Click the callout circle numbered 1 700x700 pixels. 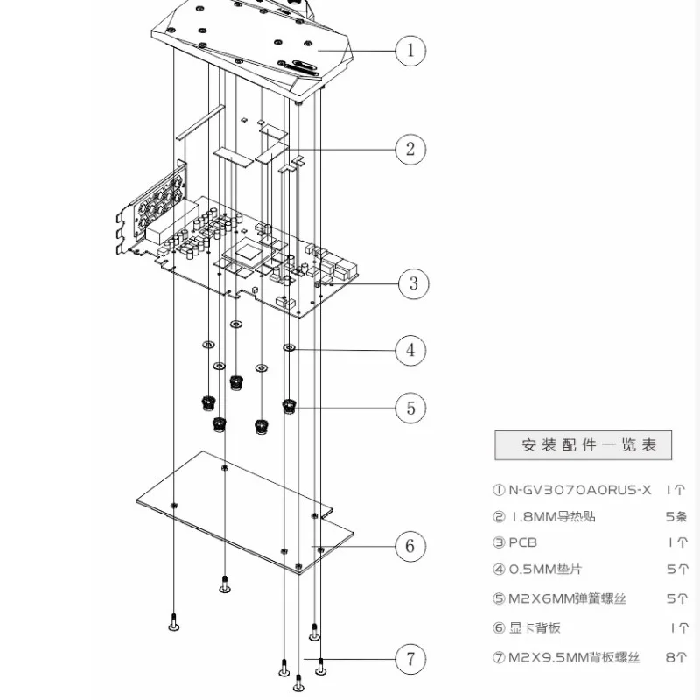point(409,50)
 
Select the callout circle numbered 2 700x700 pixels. point(409,149)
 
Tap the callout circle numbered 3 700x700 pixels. point(413,283)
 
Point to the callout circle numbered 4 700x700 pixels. point(409,351)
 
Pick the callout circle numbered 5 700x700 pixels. point(409,408)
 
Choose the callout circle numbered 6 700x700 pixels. point(409,547)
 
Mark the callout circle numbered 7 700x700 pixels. point(409,659)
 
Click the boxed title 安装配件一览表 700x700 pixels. point(584,445)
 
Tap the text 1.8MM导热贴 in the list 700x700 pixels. point(552,517)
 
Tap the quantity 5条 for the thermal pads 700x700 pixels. point(677,517)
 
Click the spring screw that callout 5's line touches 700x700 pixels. point(289,406)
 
